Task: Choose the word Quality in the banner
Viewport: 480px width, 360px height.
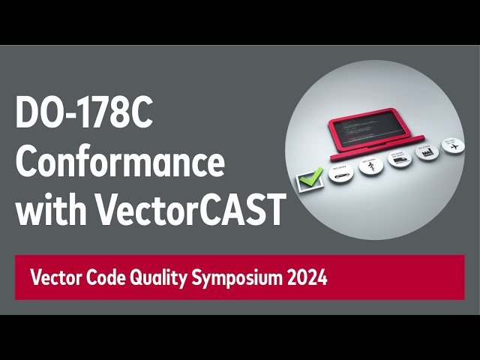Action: pyautogui.click(x=162, y=279)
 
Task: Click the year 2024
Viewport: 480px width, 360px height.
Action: pyautogui.click(x=306, y=278)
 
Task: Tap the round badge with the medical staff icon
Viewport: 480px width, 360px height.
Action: pyautogui.click(x=369, y=166)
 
